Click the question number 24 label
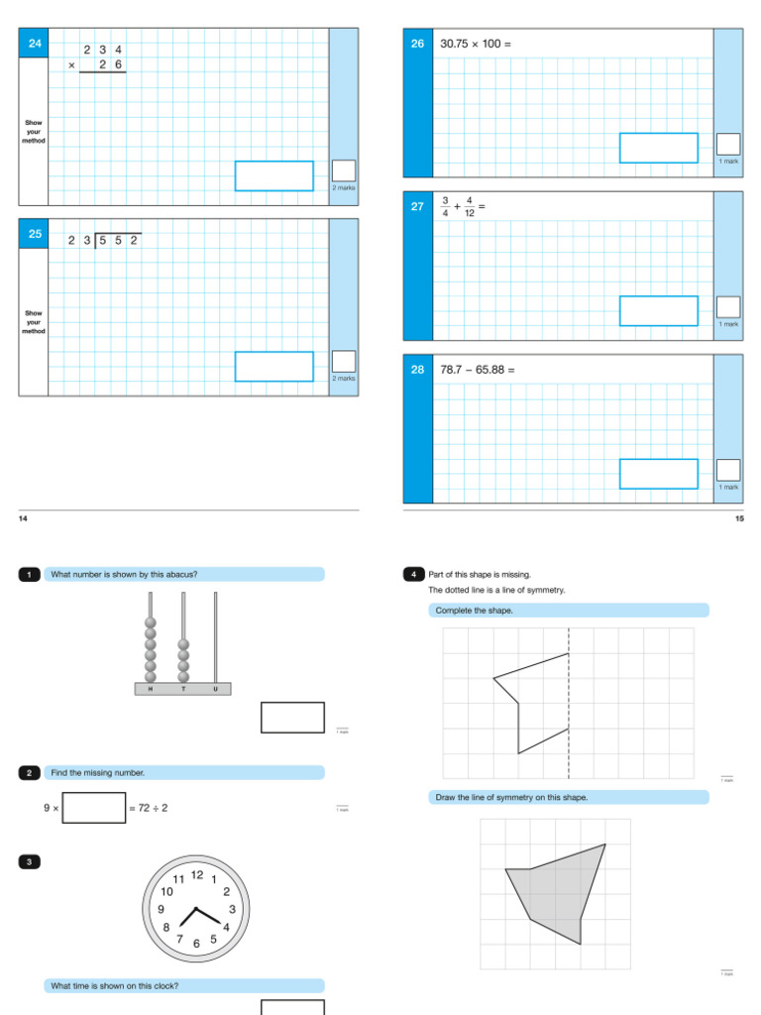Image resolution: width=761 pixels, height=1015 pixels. (x=35, y=44)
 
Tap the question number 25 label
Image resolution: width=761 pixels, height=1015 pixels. (x=35, y=235)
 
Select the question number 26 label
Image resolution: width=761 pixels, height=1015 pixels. (x=417, y=44)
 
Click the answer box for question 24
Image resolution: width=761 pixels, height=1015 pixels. (x=273, y=175)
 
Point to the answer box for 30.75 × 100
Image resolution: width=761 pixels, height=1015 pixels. (x=658, y=148)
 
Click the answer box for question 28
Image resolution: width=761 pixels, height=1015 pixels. (x=658, y=474)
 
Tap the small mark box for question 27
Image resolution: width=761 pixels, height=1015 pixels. (x=728, y=307)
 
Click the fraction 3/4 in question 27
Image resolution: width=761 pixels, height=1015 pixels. (x=446, y=206)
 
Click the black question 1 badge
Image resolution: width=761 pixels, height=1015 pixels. (x=30, y=575)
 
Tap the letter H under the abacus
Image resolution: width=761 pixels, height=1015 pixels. (x=152, y=689)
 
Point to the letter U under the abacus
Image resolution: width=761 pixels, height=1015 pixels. (x=215, y=689)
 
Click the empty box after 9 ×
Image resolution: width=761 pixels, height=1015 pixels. (x=94, y=808)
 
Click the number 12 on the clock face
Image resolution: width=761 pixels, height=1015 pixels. (x=196, y=874)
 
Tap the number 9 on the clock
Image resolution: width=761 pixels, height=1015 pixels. (x=162, y=909)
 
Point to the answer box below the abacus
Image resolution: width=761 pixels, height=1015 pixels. (x=292, y=718)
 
